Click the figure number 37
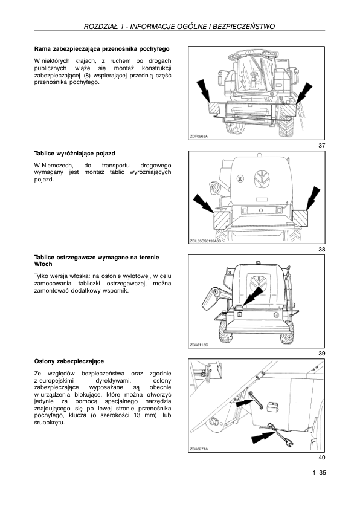tap(321, 146)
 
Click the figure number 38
tap(321, 249)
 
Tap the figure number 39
tap(321, 353)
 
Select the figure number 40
tap(321, 458)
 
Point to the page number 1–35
tap(319, 473)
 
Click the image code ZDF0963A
tap(199, 137)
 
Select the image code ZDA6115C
tap(199, 345)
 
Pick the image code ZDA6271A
tap(199, 449)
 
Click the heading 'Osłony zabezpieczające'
tap(69, 361)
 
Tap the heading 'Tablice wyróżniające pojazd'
tap(74, 153)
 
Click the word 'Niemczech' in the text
tap(57, 165)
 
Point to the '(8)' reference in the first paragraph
tap(86, 75)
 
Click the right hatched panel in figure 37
tap(289, 110)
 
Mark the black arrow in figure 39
tap(254, 296)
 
